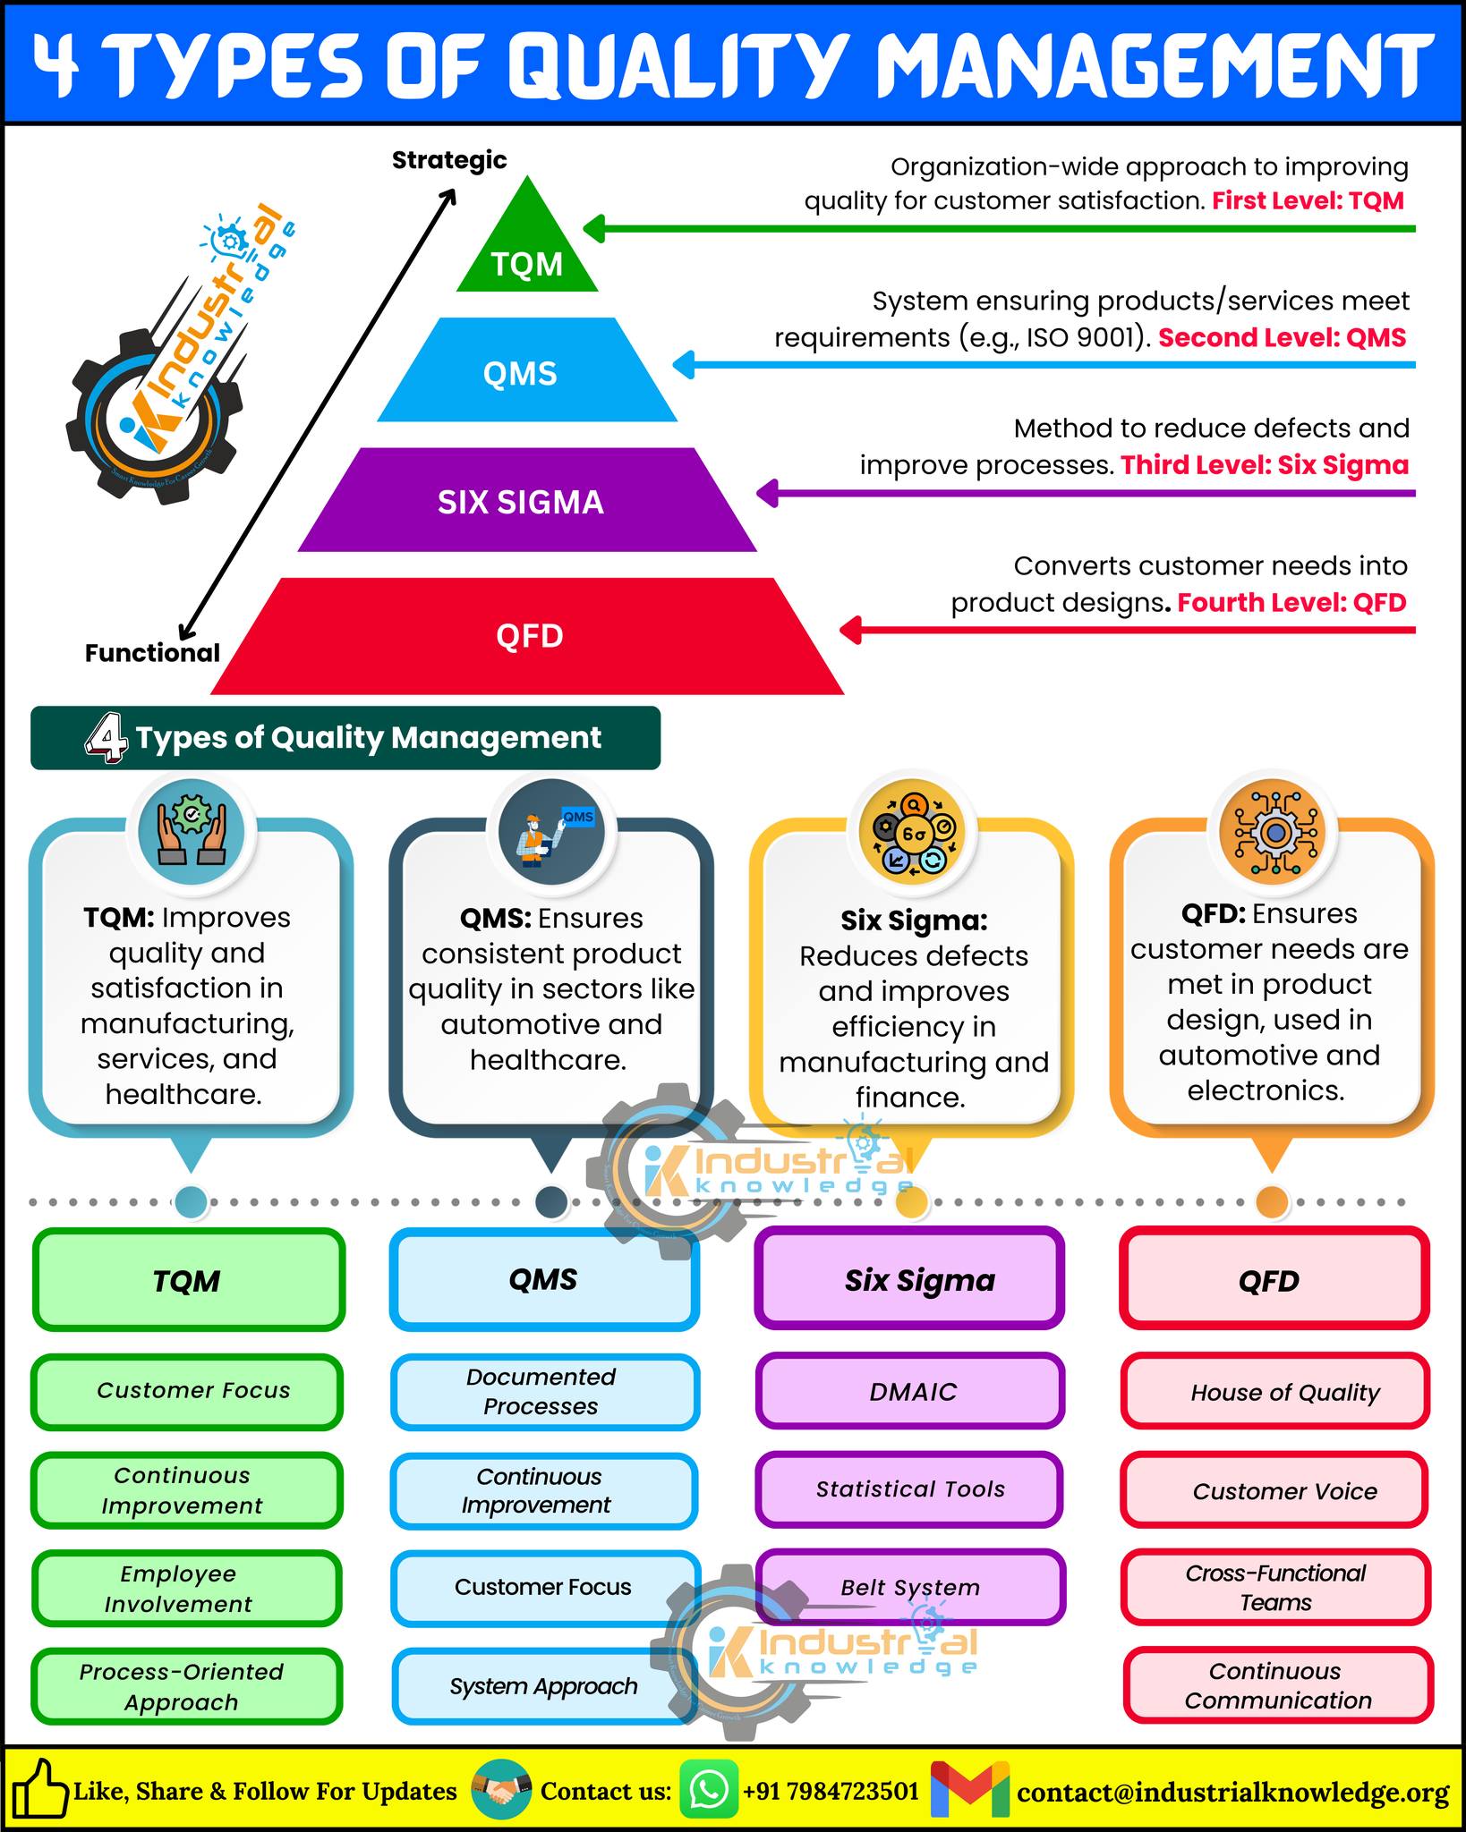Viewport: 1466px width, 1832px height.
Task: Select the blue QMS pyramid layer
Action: point(527,370)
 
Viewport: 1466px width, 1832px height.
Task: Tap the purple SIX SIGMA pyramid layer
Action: point(527,500)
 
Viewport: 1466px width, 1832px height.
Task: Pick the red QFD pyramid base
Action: point(527,636)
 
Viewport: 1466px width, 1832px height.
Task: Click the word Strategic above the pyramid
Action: point(449,160)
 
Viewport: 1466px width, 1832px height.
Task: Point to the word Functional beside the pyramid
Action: point(152,653)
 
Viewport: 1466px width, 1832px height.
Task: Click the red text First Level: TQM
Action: point(1308,200)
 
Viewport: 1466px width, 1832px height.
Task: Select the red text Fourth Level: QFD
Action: point(1291,603)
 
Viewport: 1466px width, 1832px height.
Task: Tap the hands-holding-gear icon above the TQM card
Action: point(192,833)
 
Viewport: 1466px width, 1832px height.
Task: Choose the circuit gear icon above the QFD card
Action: point(1274,833)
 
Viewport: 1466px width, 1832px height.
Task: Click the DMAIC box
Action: point(910,1391)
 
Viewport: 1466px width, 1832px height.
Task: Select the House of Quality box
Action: point(1275,1392)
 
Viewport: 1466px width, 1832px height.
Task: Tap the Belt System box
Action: point(910,1588)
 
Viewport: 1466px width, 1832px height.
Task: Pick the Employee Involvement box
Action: point(187,1589)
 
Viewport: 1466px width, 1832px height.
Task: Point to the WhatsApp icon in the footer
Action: point(709,1790)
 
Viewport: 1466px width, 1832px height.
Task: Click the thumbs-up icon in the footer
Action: point(37,1789)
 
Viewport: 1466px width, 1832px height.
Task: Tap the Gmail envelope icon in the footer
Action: point(970,1790)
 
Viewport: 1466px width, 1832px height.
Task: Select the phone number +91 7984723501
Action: point(831,1791)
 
